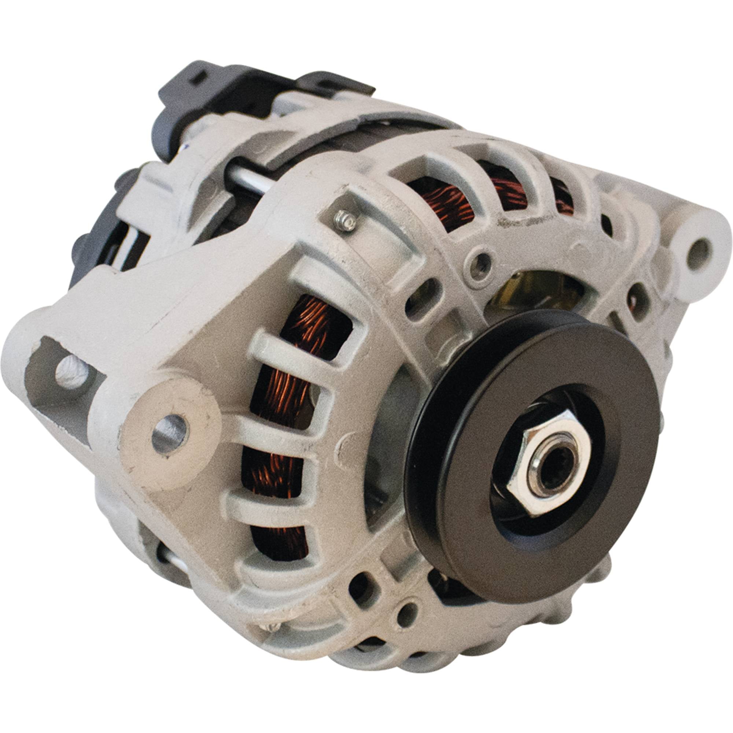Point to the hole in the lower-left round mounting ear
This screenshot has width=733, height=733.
tap(170, 434)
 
